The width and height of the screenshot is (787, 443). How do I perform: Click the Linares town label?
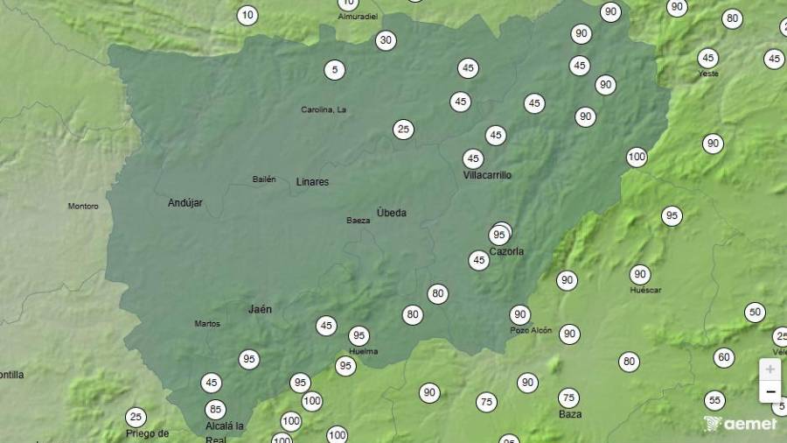312,182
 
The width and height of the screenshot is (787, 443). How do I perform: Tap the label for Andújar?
185,203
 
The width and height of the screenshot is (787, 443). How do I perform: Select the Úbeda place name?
391,213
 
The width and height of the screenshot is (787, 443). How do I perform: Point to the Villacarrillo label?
487,175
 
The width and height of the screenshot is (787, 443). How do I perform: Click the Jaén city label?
260,309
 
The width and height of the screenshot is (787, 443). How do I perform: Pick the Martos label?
207,324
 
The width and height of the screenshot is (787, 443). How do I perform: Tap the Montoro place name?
83,207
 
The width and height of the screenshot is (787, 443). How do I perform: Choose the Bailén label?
264,179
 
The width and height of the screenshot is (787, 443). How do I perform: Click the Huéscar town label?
645,290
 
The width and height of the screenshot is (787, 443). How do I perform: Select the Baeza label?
358,221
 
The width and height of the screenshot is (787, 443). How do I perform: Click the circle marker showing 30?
386,40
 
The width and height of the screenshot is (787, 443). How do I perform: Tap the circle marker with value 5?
334,69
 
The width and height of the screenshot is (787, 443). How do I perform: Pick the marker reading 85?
215,409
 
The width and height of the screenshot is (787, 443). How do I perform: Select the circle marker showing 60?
723,357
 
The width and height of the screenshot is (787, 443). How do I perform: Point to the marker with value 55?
714,400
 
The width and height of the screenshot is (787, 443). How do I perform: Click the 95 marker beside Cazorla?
498,235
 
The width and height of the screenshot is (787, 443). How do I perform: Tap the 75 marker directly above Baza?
568,397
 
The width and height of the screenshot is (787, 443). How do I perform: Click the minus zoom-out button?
770,391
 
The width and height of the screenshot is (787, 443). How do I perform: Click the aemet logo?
740,424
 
